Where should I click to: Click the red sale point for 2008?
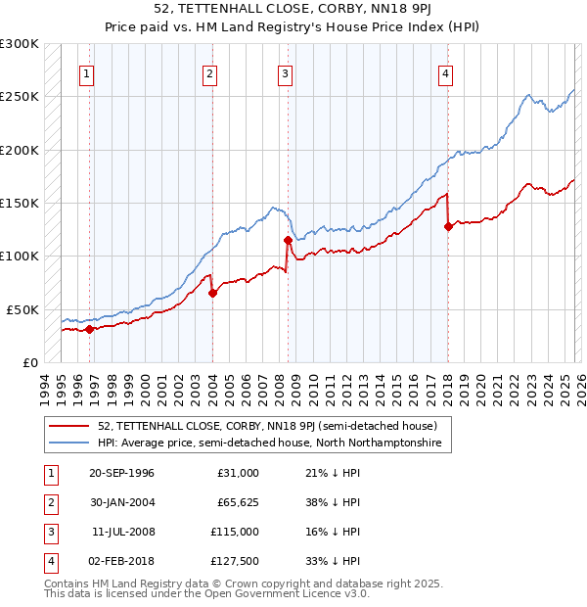[x=288, y=240]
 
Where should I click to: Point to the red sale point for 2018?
[x=448, y=226]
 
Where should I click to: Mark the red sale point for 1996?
[x=89, y=329]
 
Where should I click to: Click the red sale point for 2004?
[x=212, y=292]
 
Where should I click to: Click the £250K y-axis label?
[x=20, y=97]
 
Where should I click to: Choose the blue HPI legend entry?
[x=269, y=444]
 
